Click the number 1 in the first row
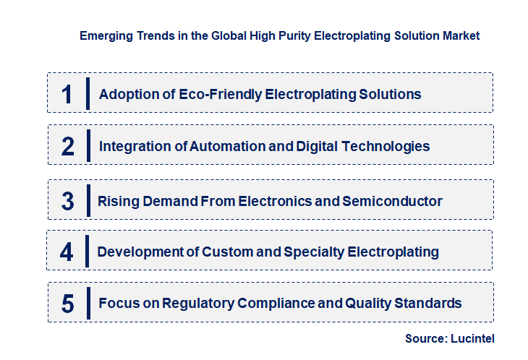[67, 94]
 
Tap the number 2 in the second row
[68, 146]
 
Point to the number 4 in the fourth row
[67, 252]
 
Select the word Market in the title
[461, 35]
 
